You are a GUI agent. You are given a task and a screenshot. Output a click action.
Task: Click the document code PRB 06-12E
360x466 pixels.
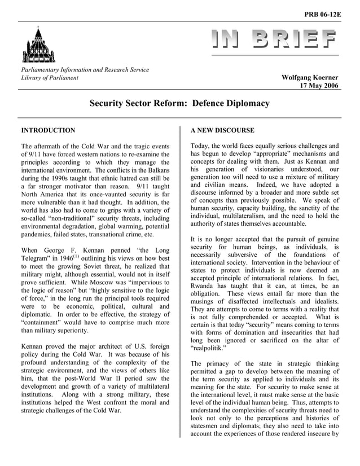coord(323,14)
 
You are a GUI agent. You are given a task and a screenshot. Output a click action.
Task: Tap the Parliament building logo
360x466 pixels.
coord(39,45)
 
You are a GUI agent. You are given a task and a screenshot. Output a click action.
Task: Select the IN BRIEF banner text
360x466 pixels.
coord(274,39)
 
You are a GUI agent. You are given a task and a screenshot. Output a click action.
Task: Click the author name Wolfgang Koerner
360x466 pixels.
coord(310,77)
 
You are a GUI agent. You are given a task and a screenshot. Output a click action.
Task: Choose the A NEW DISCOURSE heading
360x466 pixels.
coord(222,130)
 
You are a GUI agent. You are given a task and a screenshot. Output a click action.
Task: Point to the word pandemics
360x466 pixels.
coord(38,234)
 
